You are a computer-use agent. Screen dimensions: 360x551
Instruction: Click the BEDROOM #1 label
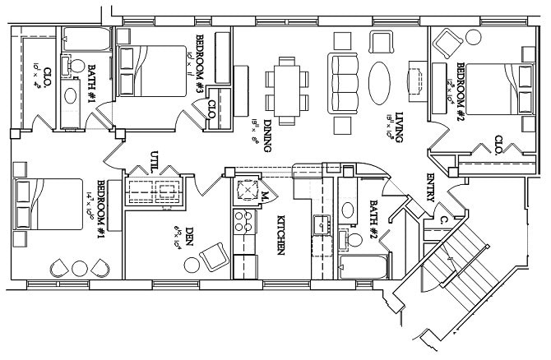pos(104,204)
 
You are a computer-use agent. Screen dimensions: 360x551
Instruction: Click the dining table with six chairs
pos(288,85)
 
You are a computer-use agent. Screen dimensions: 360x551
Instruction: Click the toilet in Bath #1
pos(72,65)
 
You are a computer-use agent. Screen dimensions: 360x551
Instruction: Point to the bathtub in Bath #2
pos(362,268)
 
